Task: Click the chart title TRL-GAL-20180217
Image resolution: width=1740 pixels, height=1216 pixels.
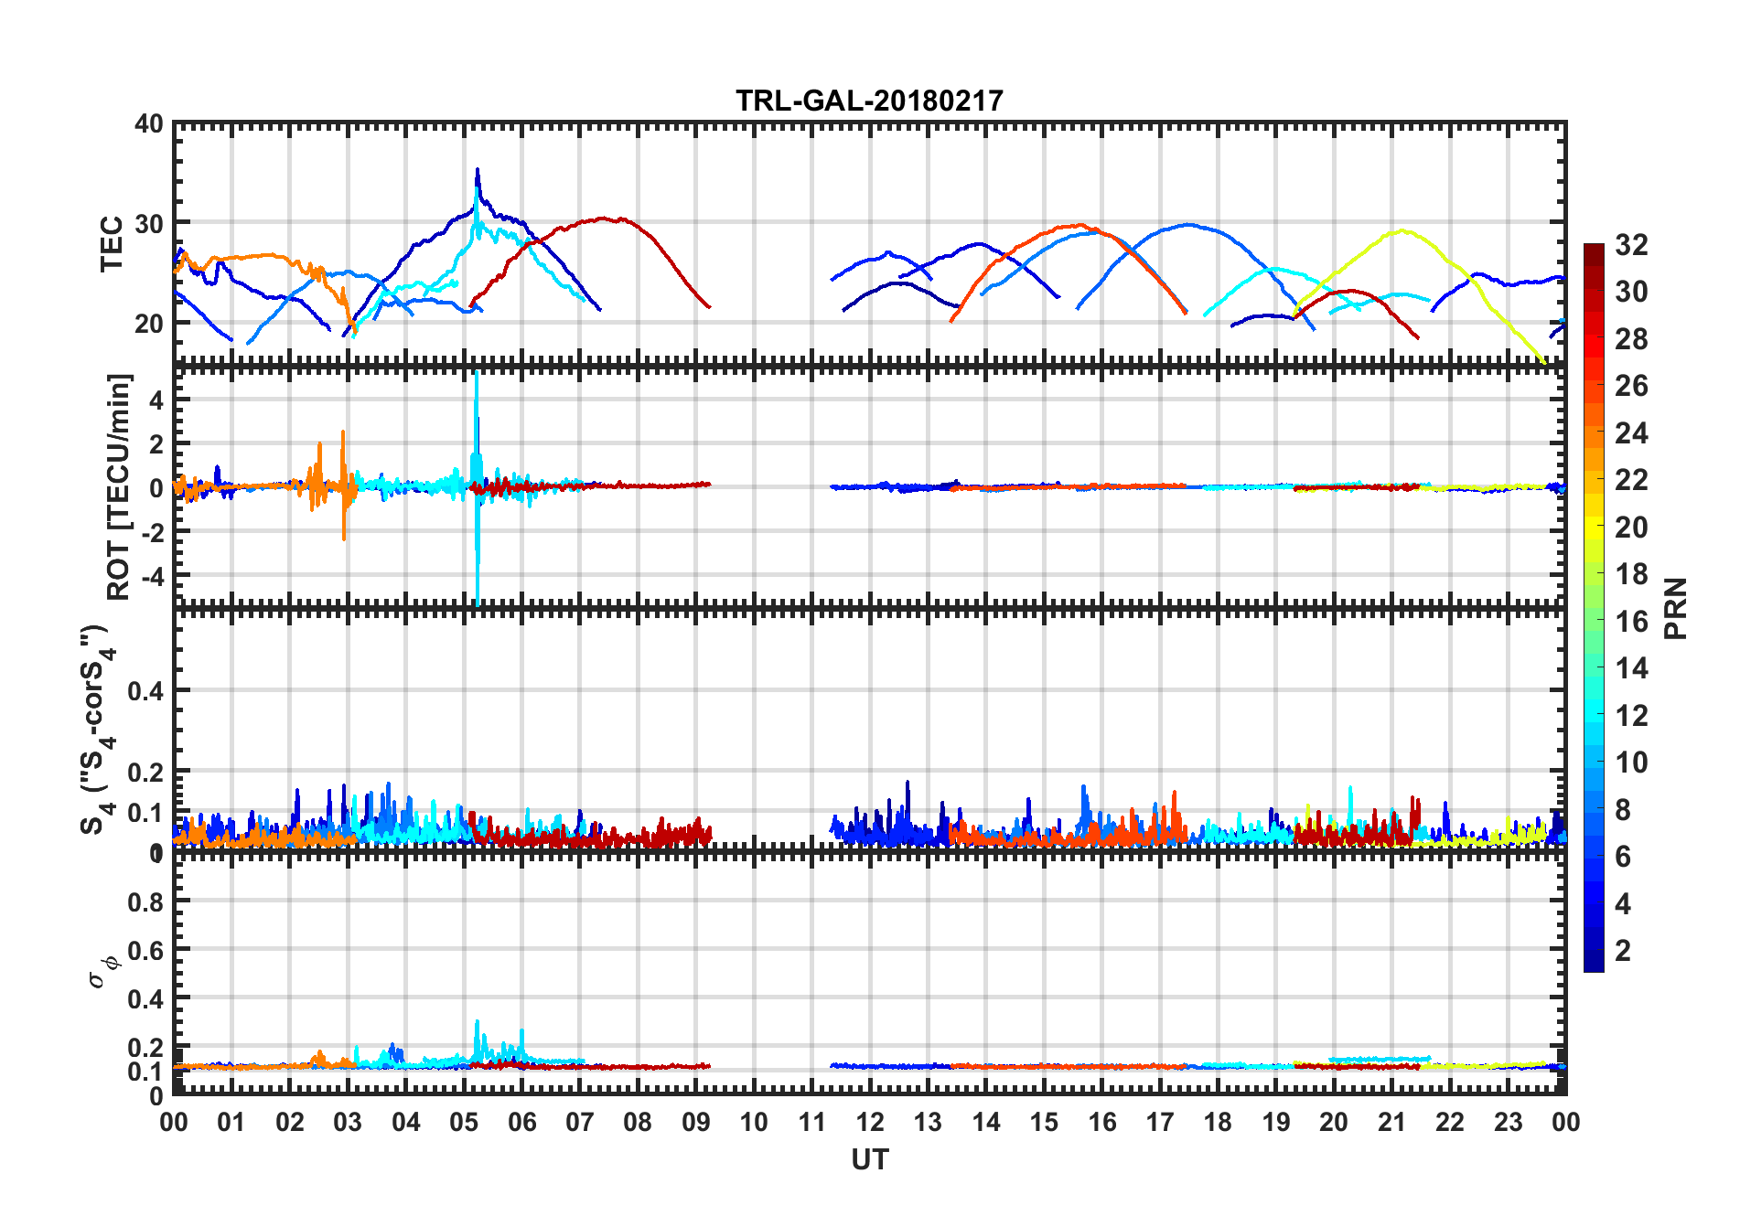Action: tap(869, 100)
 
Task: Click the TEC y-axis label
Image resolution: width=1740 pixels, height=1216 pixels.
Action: tap(112, 243)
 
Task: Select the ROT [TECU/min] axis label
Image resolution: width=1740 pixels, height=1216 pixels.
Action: tap(119, 486)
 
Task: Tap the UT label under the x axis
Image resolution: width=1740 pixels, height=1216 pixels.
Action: tap(869, 1159)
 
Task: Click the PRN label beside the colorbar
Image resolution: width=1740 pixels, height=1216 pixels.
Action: tap(1676, 608)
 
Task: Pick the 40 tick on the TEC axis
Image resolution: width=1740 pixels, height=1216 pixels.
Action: tap(148, 124)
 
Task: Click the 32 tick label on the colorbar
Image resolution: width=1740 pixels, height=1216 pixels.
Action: tap(1631, 245)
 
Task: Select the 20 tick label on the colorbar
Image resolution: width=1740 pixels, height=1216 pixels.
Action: tap(1631, 528)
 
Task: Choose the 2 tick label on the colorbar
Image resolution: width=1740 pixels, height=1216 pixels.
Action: tap(1623, 951)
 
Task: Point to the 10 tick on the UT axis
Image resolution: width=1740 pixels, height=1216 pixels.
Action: tap(754, 1122)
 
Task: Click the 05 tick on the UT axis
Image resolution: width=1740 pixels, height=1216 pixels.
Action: tap(464, 1122)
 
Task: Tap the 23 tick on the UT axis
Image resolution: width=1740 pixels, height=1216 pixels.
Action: tap(1508, 1122)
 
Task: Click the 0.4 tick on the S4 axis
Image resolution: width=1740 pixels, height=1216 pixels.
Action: tap(146, 691)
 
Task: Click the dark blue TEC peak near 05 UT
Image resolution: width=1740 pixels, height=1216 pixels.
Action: tap(477, 171)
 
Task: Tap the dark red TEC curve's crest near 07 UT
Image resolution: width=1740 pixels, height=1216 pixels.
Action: tap(604, 219)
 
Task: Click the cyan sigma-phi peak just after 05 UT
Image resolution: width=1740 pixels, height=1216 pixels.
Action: tap(477, 1022)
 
